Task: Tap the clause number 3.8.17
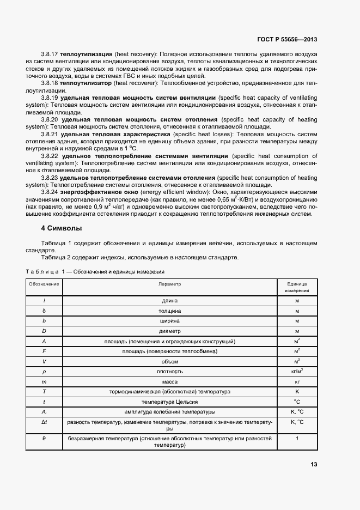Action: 50,55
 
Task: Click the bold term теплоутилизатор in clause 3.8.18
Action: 87,83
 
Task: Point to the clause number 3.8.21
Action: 50,133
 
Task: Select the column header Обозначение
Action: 44,284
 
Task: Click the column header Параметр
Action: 169,284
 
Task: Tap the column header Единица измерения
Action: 297,287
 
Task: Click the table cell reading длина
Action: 169,300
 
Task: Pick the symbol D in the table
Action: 44,331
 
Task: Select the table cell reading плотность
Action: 169,371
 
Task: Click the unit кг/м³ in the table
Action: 297,371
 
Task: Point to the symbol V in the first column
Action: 44,361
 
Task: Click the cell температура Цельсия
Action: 169,402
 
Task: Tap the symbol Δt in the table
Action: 44,422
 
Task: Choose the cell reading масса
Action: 169,381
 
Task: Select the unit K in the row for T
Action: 297,391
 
